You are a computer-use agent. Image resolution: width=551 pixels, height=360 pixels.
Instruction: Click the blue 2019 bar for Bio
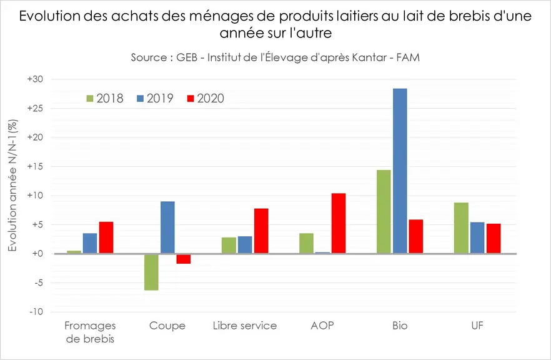coord(400,171)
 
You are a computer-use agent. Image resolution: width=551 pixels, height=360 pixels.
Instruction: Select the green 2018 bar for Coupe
coord(151,272)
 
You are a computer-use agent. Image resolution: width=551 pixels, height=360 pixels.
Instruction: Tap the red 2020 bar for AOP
coord(339,223)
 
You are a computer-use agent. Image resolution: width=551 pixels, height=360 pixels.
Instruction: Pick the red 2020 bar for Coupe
coord(184,259)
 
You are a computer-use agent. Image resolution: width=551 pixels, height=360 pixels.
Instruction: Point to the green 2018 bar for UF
coord(461,227)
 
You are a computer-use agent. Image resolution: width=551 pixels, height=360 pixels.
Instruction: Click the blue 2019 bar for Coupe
coord(167,227)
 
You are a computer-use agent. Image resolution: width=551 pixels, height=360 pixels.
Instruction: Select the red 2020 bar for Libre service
coord(261,231)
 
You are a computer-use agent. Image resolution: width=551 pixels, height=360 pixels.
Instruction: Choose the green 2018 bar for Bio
coord(384,212)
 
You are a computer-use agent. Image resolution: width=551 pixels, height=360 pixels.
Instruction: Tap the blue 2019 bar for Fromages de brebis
coord(90,243)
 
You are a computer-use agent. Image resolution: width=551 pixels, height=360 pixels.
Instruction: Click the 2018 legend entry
coord(105,99)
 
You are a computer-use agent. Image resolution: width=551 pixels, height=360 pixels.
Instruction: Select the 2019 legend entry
coord(155,99)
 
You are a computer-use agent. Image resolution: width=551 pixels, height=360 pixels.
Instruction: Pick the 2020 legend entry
coord(205,99)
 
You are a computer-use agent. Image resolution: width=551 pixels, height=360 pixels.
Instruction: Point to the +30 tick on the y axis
coord(35,79)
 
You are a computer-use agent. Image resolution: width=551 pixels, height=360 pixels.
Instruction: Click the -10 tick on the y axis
coord(36,312)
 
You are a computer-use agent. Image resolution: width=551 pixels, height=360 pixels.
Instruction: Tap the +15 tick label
coord(35,166)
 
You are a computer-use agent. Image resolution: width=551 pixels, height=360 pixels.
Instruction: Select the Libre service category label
coord(245,326)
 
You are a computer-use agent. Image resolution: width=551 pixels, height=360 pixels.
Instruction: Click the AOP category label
coord(322,326)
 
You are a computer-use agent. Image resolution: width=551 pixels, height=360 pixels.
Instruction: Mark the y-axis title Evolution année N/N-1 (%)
coord(12,186)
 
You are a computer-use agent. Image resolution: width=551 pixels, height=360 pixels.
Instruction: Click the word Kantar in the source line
coord(370,57)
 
